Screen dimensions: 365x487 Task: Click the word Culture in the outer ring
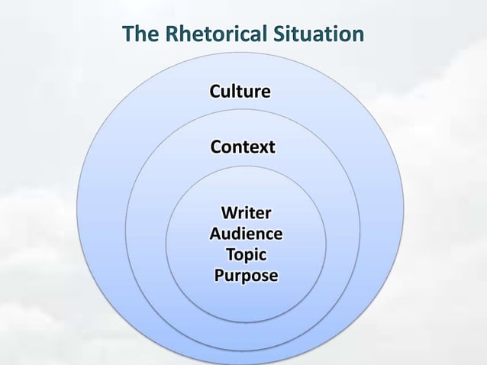pos(240,92)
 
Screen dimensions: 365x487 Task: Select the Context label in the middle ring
pos(243,147)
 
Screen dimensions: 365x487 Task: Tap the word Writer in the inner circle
pos(245,212)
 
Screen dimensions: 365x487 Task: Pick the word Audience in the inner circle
pos(245,233)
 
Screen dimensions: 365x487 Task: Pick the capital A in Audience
pos(216,233)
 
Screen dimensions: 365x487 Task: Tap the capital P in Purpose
pos(220,275)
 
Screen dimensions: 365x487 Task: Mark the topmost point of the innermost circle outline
pos(246,166)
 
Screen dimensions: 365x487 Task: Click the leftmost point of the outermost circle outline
pos(78,201)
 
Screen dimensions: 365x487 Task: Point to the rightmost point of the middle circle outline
pos(360,229)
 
